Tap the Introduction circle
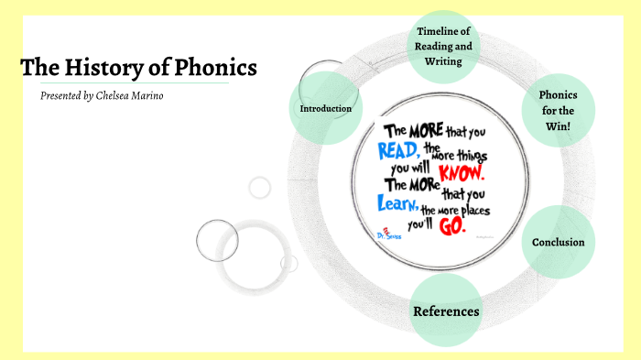click(x=326, y=109)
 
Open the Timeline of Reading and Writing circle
click(x=444, y=47)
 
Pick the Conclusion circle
click(x=558, y=242)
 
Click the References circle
click(x=446, y=311)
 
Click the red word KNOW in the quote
click(x=462, y=171)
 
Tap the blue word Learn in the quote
click(x=398, y=203)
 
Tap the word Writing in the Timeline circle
click(x=444, y=62)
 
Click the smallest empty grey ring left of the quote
click(x=260, y=187)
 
